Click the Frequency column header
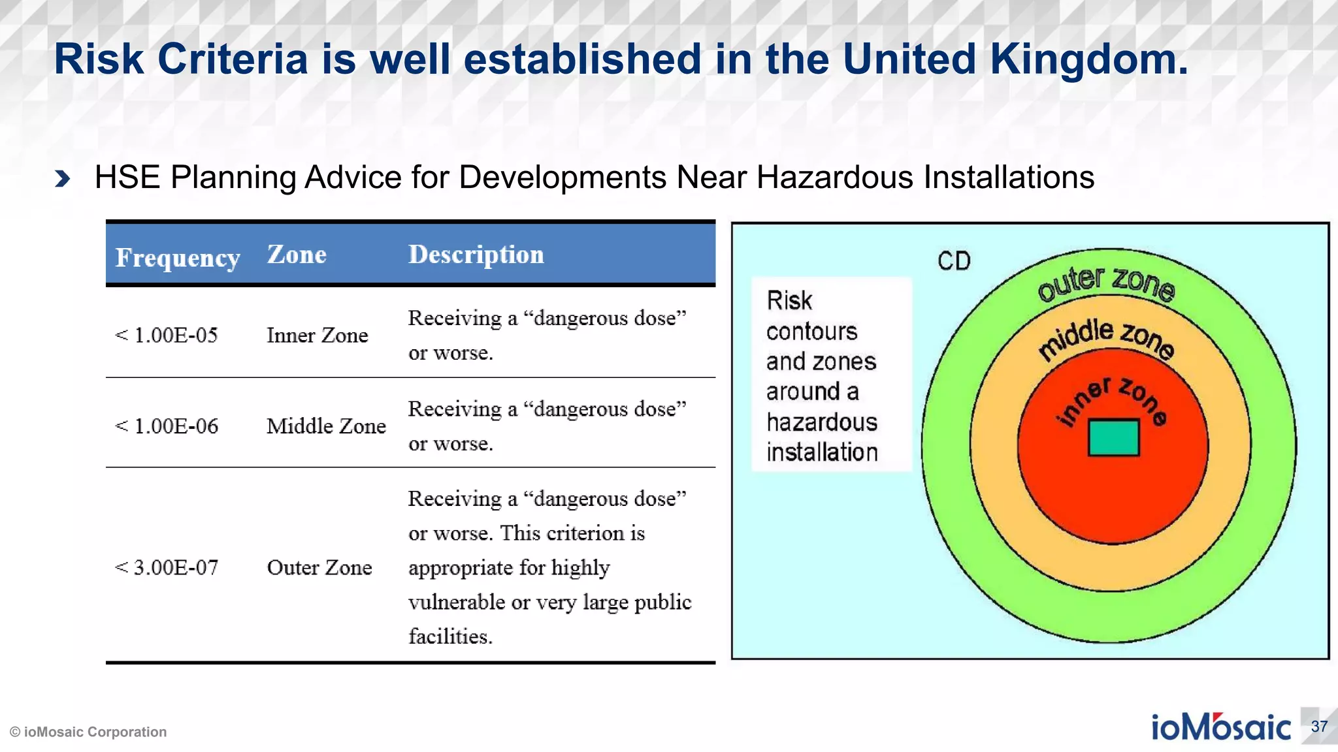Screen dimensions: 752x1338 point(177,258)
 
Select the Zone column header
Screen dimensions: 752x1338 point(297,255)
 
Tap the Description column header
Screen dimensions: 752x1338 point(476,255)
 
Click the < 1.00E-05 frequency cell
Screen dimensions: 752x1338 point(167,336)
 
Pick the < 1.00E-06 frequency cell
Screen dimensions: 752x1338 point(167,426)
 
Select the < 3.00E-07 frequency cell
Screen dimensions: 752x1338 point(167,567)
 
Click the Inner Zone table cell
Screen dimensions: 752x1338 point(317,336)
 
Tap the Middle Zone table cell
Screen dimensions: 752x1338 point(326,426)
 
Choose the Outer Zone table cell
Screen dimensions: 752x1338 point(319,567)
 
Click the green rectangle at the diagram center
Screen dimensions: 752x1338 point(1113,437)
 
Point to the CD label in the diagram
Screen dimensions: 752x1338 point(954,261)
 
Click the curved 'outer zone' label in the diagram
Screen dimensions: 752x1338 point(1106,283)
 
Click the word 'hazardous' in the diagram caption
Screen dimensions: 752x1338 point(821,422)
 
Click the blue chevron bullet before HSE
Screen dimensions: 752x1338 point(63,178)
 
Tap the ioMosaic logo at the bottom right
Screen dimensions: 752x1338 point(1220,727)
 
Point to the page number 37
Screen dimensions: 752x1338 point(1319,727)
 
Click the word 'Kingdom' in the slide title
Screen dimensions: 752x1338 point(1088,59)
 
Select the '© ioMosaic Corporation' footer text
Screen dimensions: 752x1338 point(88,732)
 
